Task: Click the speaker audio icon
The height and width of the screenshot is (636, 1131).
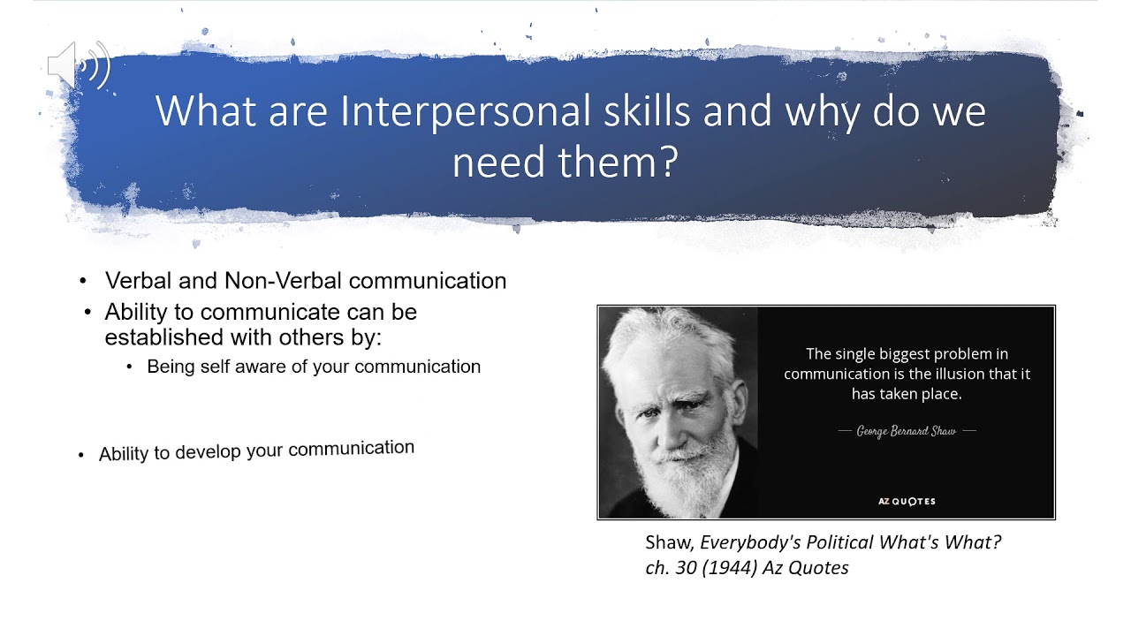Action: point(78,65)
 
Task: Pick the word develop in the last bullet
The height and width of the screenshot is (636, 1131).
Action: point(208,451)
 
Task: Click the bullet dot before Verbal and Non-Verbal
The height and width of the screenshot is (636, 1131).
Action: point(84,281)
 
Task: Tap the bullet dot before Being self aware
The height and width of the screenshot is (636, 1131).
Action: point(129,367)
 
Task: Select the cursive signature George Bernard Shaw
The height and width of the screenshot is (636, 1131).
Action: point(907,431)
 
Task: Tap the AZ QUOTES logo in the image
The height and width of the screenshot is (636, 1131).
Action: point(907,501)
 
